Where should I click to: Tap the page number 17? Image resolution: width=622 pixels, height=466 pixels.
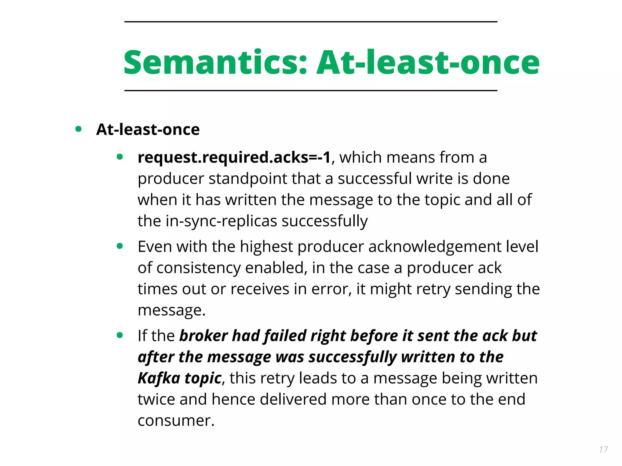[x=603, y=449]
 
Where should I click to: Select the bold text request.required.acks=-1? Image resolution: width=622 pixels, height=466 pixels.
[x=234, y=157]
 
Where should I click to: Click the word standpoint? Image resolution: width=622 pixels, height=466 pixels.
[x=248, y=179]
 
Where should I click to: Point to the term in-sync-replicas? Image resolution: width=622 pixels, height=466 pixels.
[x=221, y=221]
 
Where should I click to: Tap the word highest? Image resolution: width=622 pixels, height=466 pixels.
[x=266, y=247]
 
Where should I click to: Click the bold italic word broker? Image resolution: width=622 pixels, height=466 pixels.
[x=203, y=336]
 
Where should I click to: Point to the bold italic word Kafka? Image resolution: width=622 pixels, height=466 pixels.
[x=159, y=378]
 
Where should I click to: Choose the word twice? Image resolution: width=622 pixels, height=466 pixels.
[x=156, y=399]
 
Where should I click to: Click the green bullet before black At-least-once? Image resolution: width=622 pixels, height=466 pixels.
[x=78, y=129]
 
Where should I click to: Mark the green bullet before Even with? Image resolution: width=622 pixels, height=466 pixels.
[x=120, y=246]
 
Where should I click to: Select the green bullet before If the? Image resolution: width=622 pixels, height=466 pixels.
[x=120, y=335]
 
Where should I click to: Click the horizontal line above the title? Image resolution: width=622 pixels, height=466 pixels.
[x=310, y=22]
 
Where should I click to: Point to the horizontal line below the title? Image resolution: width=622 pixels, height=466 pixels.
[x=310, y=90]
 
